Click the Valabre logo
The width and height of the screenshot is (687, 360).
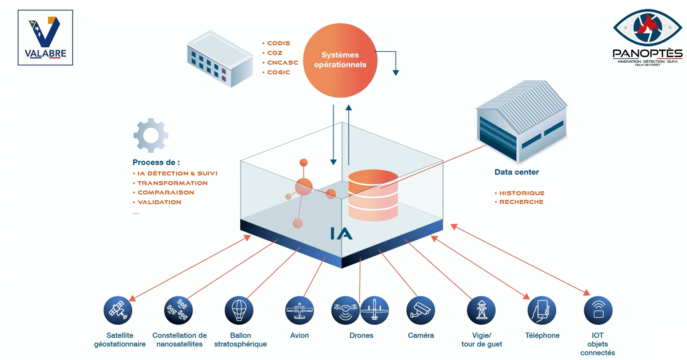[x=45, y=38]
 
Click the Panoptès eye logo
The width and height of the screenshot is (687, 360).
[x=648, y=28]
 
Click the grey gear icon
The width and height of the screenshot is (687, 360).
[x=151, y=135]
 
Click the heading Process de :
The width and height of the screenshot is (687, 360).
[x=156, y=162]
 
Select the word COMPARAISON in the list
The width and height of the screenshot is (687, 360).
[x=166, y=193]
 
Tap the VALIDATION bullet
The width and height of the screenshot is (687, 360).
[x=159, y=202]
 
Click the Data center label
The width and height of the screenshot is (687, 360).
[x=517, y=172]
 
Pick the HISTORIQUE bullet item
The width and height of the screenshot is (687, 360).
[x=521, y=193]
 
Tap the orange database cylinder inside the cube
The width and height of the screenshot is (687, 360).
[x=373, y=195]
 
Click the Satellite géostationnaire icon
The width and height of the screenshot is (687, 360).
[x=118, y=310]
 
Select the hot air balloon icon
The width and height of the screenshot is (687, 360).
[x=239, y=310]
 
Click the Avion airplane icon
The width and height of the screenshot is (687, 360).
[x=299, y=310]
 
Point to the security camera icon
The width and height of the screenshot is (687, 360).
[x=421, y=310]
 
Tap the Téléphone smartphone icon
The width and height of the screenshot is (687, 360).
[x=542, y=310]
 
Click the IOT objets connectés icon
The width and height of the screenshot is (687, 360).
[x=598, y=310]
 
